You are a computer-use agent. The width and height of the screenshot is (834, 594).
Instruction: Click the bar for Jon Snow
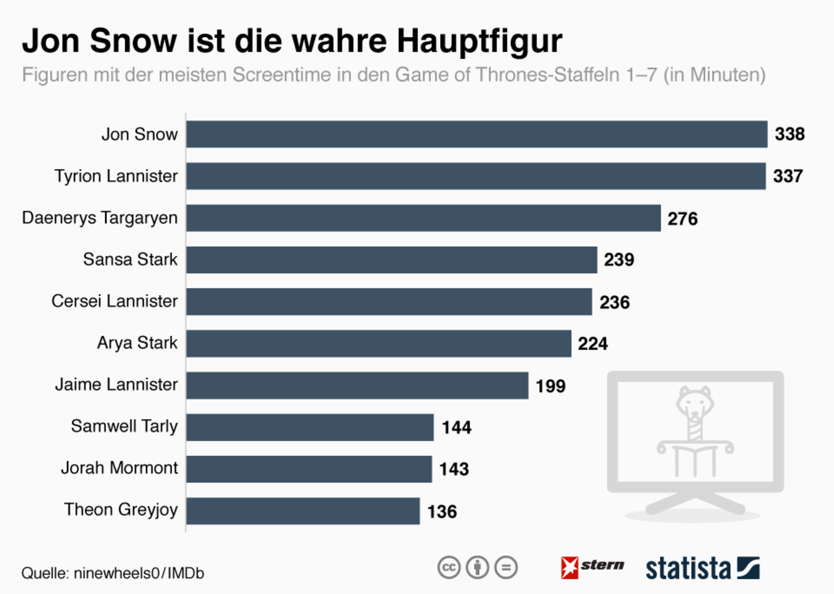[x=476, y=134]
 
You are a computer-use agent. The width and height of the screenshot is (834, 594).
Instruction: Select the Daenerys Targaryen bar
[x=423, y=218]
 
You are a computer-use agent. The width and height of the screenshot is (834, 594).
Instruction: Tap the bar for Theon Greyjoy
[x=302, y=511]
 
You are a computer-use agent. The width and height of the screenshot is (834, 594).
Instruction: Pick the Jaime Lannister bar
[x=357, y=386]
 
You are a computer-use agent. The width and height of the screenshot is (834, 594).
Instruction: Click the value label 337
[x=788, y=176]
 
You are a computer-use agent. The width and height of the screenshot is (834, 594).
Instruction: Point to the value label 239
[x=619, y=259]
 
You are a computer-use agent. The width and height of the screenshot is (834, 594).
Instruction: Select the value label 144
[x=456, y=427]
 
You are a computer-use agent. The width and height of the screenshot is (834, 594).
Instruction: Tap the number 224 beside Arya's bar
[x=592, y=344]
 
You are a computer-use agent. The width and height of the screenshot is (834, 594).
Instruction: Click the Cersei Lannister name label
[x=114, y=301]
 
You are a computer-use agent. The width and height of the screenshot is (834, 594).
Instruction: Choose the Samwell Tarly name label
[x=124, y=426]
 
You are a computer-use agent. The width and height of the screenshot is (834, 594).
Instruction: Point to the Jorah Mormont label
[x=119, y=468]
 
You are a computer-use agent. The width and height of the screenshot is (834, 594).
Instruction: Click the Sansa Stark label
[x=130, y=259]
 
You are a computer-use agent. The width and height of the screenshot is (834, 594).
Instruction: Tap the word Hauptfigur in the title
[x=479, y=41]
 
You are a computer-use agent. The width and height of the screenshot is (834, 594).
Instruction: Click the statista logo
[x=702, y=568]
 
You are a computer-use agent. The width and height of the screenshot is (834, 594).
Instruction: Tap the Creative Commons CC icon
[x=449, y=567]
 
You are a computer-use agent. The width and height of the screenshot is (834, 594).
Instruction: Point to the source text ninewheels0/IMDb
[x=139, y=573]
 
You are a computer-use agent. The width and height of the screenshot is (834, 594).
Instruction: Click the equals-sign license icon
[x=506, y=567]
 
